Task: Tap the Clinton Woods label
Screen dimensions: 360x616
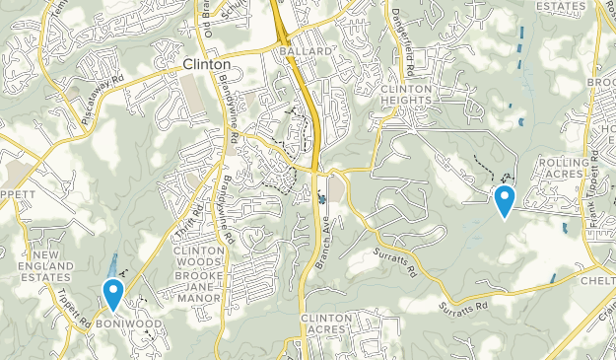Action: coord(198,257)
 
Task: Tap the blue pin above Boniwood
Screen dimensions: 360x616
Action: coord(113,293)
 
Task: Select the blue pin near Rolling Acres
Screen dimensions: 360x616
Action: coord(505,200)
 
